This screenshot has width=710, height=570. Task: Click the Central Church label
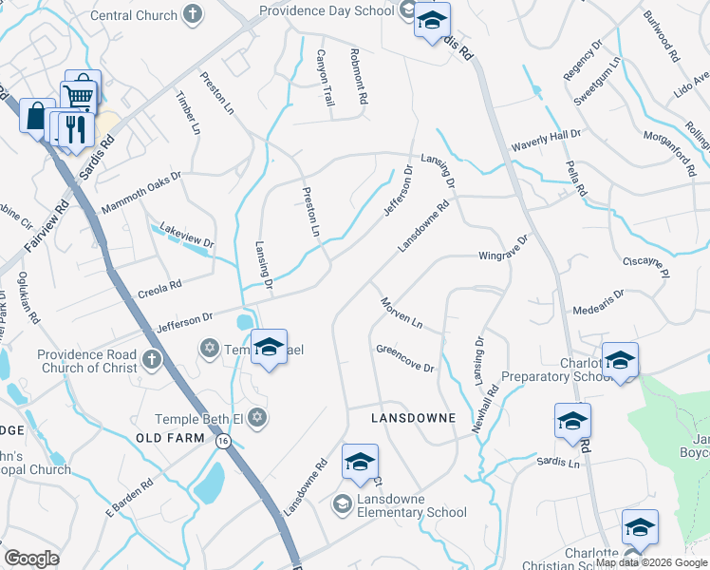click(134, 15)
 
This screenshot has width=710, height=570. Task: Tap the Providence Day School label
click(327, 10)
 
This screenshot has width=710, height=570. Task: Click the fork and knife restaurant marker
click(75, 128)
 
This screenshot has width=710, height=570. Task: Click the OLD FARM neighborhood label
click(171, 438)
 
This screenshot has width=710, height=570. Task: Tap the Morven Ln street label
click(401, 313)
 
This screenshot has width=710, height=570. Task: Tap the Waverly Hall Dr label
click(545, 141)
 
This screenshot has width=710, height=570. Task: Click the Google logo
click(31, 559)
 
